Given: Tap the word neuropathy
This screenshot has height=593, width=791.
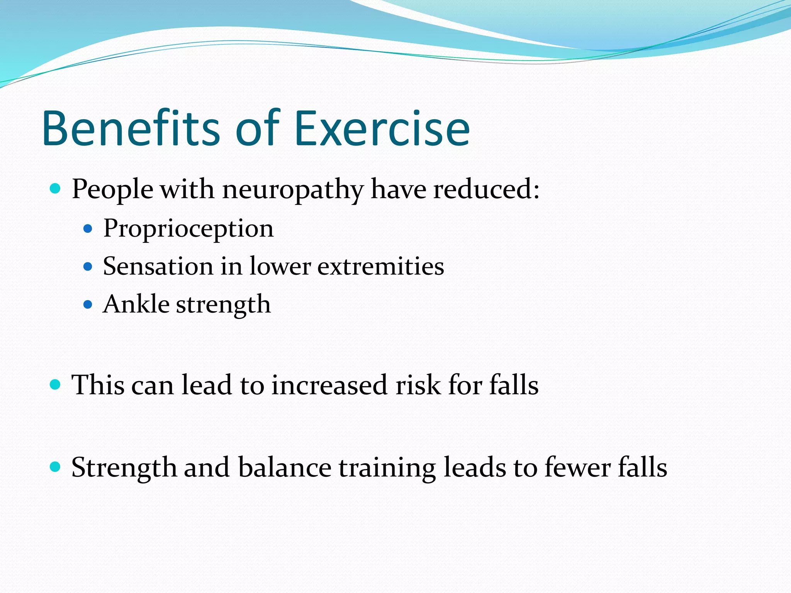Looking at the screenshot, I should [x=293, y=190].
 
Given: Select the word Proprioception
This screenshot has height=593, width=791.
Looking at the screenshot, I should [x=188, y=229].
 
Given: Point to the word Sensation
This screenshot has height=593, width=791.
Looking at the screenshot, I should [x=158, y=266].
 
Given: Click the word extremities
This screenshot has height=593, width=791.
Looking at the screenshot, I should [x=380, y=266].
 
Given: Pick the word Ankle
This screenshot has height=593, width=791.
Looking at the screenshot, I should [x=136, y=304].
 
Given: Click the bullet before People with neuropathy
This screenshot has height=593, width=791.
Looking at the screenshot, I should [x=56, y=189].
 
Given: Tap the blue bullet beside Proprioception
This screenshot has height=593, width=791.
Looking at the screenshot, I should [x=88, y=229].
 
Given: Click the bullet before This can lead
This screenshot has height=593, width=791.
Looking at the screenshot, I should [x=56, y=385].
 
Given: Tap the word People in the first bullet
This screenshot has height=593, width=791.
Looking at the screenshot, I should [x=112, y=190].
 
